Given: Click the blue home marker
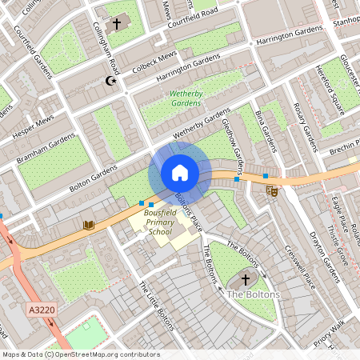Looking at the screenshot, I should pyautogui.click(x=180, y=173).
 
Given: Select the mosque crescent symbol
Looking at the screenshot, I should pyautogui.click(x=111, y=80).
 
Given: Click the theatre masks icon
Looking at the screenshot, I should pyautogui.click(x=272, y=190).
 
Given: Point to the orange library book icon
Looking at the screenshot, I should pyautogui.click(x=88, y=226).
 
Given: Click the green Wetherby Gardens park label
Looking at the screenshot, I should pyautogui.click(x=186, y=98).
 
